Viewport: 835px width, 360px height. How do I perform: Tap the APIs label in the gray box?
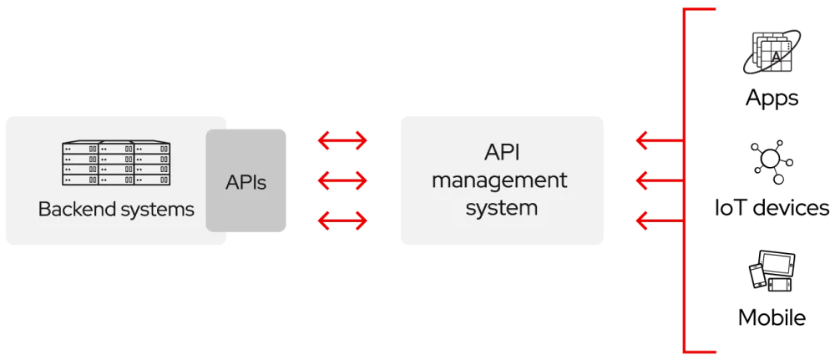246,182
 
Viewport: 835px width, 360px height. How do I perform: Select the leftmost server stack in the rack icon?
80,163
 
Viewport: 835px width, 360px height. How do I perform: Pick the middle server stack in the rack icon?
117,163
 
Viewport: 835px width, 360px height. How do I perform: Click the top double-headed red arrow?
342,141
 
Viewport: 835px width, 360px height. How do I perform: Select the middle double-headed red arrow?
342,180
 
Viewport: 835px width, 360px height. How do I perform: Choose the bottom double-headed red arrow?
342,221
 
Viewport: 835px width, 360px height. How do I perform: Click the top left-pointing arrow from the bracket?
658,141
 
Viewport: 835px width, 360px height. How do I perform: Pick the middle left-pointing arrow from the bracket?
658,180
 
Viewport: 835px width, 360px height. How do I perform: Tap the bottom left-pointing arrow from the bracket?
658,221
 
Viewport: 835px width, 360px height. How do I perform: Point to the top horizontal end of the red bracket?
701,10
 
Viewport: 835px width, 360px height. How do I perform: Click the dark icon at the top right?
772,53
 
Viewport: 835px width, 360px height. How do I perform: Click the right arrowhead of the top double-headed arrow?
360,141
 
